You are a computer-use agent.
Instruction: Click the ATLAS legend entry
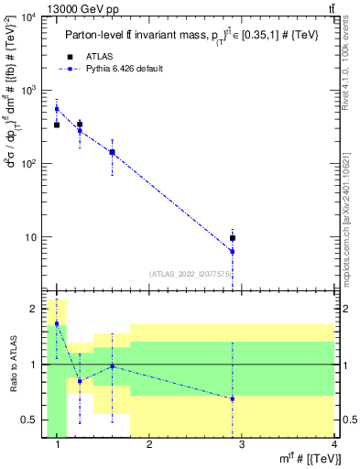(x=98, y=56)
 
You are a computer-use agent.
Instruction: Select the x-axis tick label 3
(x=242, y=444)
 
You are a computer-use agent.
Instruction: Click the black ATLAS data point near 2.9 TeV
(x=233, y=238)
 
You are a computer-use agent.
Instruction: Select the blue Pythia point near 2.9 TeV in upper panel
(x=233, y=251)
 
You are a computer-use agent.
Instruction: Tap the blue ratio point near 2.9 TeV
(x=233, y=398)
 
